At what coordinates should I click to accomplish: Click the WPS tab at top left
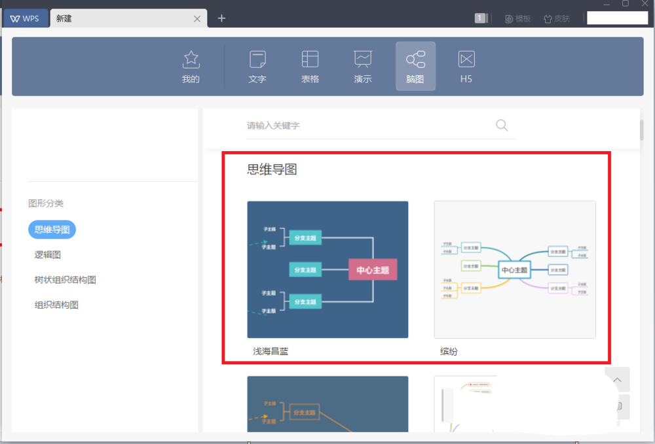click(25, 18)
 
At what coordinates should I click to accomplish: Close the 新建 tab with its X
click(197, 19)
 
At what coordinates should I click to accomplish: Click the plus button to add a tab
click(221, 18)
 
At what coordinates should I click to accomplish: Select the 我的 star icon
click(191, 60)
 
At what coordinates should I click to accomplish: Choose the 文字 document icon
click(257, 60)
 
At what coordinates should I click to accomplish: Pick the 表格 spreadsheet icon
click(310, 60)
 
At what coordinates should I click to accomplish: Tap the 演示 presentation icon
click(363, 60)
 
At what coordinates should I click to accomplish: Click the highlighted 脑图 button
click(415, 66)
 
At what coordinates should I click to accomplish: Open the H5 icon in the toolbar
click(466, 60)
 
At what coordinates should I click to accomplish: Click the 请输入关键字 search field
click(367, 126)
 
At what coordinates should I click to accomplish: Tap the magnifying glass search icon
click(502, 126)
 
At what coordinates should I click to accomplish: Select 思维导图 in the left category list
click(52, 230)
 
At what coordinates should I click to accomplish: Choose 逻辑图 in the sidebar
click(48, 254)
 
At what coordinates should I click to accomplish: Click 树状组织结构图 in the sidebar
click(65, 280)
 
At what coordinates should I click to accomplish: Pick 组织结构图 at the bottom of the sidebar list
click(56, 305)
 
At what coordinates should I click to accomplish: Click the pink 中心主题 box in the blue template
click(373, 269)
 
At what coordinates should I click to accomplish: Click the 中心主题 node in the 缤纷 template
click(514, 269)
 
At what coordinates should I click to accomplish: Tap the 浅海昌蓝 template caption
click(271, 351)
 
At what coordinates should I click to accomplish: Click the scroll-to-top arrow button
click(617, 379)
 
